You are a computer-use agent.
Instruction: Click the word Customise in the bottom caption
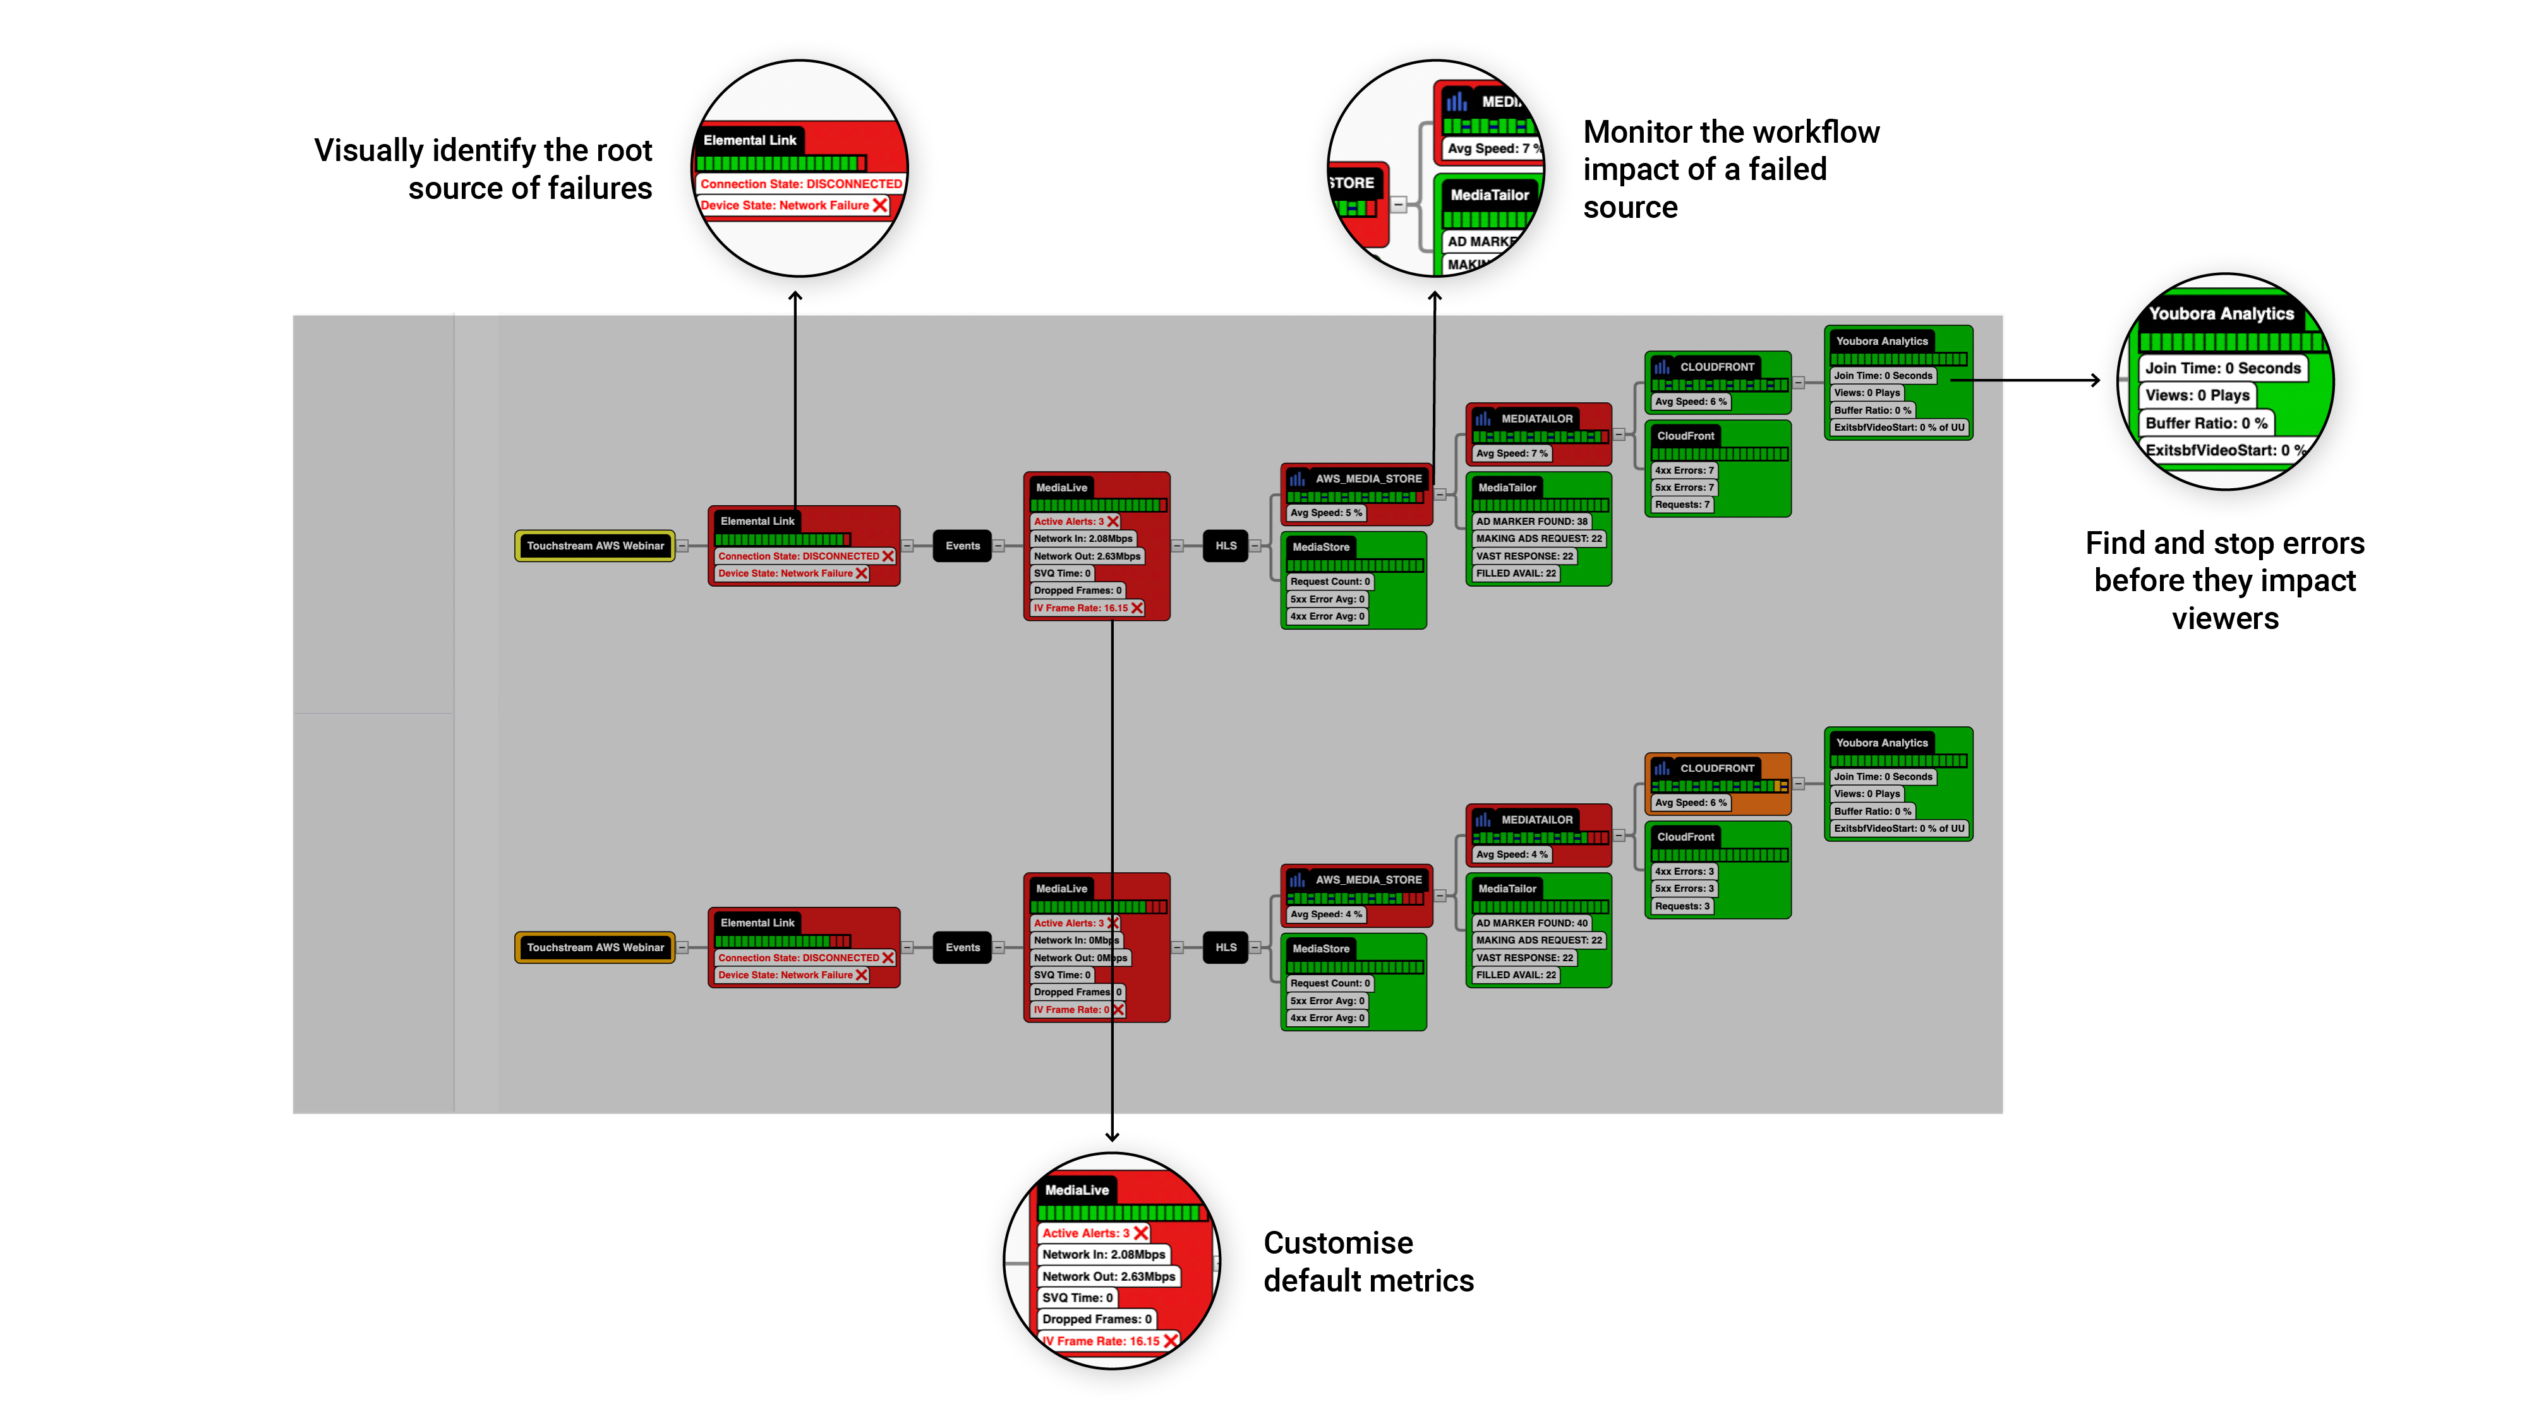(x=1338, y=1244)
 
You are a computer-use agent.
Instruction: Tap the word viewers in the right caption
(x=2225, y=619)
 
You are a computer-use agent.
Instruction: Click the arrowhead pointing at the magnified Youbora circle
(x=2096, y=380)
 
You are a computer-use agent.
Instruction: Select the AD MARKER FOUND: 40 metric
(x=1531, y=923)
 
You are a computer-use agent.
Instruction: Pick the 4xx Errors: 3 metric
(x=1684, y=872)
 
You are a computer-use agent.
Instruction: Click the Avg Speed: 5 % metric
(x=1325, y=513)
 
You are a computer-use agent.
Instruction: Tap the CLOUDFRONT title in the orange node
(x=1716, y=769)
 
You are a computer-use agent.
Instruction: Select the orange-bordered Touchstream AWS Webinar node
(x=594, y=947)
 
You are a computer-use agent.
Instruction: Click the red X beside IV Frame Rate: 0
(x=1118, y=1010)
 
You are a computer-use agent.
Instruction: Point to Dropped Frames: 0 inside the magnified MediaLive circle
(x=1095, y=1319)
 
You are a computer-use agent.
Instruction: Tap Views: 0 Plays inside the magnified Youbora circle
(x=2197, y=395)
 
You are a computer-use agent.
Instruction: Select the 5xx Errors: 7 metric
(x=1684, y=488)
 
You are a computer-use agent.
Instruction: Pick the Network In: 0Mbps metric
(x=1075, y=940)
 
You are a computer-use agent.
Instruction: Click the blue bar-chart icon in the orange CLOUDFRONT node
(x=1662, y=769)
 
